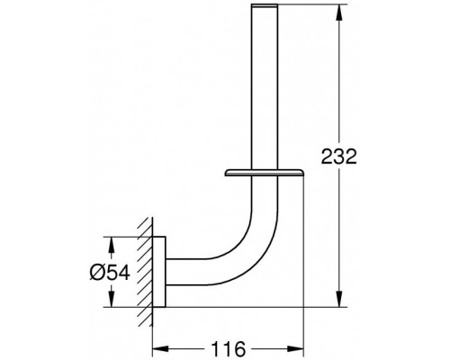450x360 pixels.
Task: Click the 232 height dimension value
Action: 339,157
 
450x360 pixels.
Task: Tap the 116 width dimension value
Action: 229,349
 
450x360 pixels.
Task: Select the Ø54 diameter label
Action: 110,273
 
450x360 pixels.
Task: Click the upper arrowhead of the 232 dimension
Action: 339,13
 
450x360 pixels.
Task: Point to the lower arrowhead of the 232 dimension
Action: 339,299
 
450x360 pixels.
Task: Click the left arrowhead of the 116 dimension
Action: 161,348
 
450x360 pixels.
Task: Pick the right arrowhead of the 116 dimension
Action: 295,348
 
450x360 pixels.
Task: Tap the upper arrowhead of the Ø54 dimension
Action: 111,246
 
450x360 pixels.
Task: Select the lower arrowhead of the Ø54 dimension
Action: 111,299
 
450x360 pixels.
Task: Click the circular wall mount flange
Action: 159,272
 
